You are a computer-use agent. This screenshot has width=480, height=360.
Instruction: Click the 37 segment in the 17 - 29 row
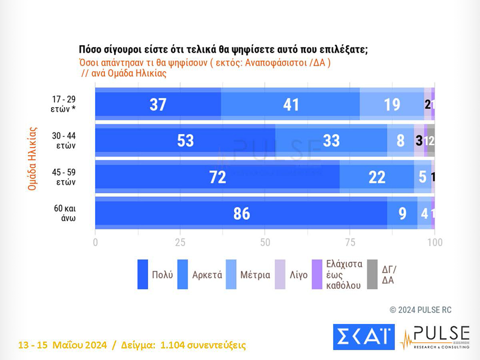tap(158, 104)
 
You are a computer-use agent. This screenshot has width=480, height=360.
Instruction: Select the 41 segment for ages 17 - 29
tap(291, 104)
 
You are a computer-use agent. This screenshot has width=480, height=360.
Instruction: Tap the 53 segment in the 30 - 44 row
tap(185, 141)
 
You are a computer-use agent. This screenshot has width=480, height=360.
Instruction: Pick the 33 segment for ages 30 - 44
tap(331, 141)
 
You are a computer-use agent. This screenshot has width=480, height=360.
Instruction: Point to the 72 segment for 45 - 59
tap(217, 177)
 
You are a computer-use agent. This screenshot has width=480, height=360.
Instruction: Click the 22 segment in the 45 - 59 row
tap(377, 177)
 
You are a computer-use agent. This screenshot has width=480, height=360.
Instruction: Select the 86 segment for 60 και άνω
tap(241, 213)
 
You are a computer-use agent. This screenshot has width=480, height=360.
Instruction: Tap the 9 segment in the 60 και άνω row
tap(402, 213)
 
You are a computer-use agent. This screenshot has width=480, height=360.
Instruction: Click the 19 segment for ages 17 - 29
tap(392, 104)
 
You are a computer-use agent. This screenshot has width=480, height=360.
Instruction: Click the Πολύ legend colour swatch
tap(143, 274)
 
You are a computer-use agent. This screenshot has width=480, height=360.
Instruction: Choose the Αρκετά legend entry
tap(207, 275)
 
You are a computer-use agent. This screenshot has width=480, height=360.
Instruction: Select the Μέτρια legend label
tap(255, 275)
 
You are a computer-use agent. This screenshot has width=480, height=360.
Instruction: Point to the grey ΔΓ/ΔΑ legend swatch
tap(372, 274)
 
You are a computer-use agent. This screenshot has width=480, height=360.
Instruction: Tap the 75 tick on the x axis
tap(350, 242)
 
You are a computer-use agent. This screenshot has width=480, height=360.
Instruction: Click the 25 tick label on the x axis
tap(180, 242)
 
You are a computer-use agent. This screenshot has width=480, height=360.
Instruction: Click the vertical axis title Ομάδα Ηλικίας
tap(32, 158)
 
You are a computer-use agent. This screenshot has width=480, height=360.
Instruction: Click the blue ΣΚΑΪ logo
tap(364, 336)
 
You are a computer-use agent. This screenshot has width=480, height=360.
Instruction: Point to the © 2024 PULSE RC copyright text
tap(420, 310)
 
